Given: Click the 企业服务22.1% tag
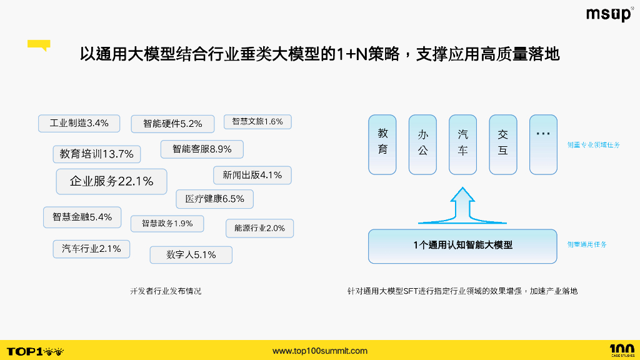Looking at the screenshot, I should pyautogui.click(x=111, y=181).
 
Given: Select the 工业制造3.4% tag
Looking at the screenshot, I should pyautogui.click(x=79, y=123).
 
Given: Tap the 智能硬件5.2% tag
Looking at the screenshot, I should pyautogui.click(x=172, y=124).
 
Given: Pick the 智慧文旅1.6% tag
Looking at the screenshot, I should pyautogui.click(x=257, y=121).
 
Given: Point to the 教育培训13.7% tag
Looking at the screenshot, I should pyautogui.click(x=97, y=154).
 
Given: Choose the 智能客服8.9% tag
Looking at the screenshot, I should pyautogui.click(x=202, y=149).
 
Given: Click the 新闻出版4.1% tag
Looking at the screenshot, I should pyautogui.click(x=252, y=175).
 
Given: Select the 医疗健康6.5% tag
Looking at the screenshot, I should pyautogui.click(x=214, y=199).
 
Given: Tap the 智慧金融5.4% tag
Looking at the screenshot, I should pyautogui.click(x=82, y=217).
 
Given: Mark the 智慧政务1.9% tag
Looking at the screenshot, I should pyautogui.click(x=167, y=223).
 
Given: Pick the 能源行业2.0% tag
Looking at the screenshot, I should pyautogui.click(x=259, y=228).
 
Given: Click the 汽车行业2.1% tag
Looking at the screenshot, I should pyautogui.click(x=91, y=248).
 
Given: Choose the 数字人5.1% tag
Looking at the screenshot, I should pyautogui.click(x=191, y=254).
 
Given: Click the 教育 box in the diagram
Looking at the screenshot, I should pyautogui.click(x=382, y=144).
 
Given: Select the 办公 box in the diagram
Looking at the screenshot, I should pyautogui.click(x=422, y=144).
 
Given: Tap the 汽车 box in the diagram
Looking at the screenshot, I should pyautogui.click(x=462, y=144).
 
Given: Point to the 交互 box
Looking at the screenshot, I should pyautogui.click(x=502, y=144).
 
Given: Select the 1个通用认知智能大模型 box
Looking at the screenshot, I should pyautogui.click(x=462, y=246).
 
